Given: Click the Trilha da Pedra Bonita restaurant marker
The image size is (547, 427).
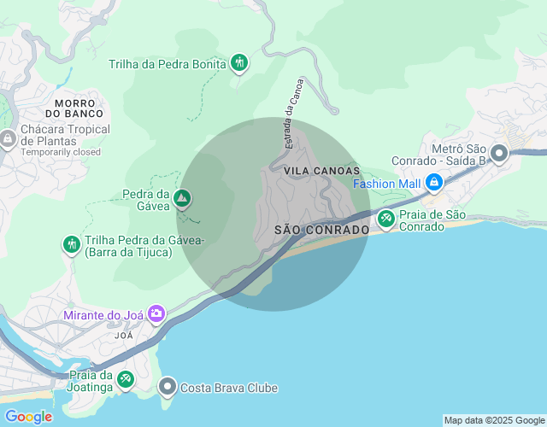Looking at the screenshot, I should (x=239, y=63).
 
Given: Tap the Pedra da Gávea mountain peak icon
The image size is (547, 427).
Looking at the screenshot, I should (x=181, y=199).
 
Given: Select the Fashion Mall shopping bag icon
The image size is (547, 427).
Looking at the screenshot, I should (x=434, y=183).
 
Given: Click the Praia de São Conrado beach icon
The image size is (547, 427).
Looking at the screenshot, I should (x=386, y=219).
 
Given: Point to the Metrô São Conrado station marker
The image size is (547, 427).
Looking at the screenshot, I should (x=499, y=154).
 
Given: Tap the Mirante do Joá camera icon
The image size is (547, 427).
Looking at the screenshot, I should (x=156, y=314).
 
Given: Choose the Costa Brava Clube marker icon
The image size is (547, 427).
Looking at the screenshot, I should (x=168, y=388).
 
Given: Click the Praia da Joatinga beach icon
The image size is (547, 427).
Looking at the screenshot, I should (x=126, y=378).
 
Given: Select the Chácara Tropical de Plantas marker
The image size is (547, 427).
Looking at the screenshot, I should (x=8, y=138).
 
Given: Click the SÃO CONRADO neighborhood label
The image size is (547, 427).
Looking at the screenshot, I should (x=321, y=231).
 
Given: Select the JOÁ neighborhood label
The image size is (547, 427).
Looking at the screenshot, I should (x=124, y=336).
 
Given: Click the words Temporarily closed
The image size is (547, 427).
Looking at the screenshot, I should (x=61, y=152).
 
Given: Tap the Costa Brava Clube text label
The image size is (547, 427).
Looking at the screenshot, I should (x=228, y=388).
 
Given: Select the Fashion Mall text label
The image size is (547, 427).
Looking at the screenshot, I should (x=387, y=184).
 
